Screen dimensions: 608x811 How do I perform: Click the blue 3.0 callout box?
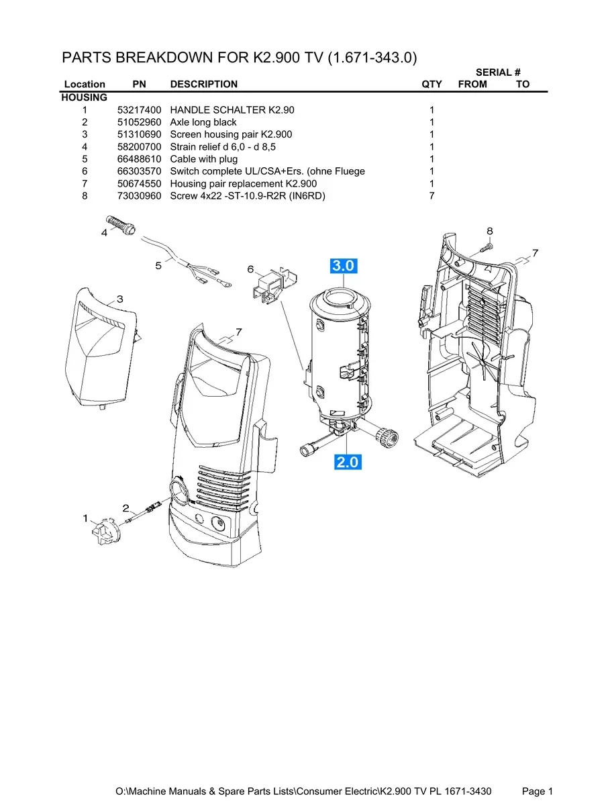point(344,266)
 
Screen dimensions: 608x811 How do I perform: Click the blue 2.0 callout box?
point(348,462)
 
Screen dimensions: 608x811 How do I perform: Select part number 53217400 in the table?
point(139,110)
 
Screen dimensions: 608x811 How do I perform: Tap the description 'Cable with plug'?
point(204,159)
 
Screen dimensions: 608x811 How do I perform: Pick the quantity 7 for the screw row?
point(432,196)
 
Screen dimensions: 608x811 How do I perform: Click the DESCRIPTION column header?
point(204,84)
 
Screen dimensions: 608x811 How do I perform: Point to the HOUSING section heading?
point(84,97)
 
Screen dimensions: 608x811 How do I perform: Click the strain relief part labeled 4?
point(120,225)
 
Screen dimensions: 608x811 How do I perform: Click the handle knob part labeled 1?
point(105,532)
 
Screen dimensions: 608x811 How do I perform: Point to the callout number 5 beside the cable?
point(158,266)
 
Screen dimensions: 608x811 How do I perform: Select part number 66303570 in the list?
point(139,171)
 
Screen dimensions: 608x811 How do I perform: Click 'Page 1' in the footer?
point(537,791)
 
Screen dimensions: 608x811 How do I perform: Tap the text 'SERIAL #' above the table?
point(498,73)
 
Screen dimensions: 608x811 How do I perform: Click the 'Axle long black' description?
point(203,122)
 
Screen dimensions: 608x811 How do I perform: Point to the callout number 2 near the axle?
point(126,508)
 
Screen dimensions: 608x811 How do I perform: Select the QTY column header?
point(432,84)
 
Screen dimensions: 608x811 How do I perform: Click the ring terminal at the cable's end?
point(225,284)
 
